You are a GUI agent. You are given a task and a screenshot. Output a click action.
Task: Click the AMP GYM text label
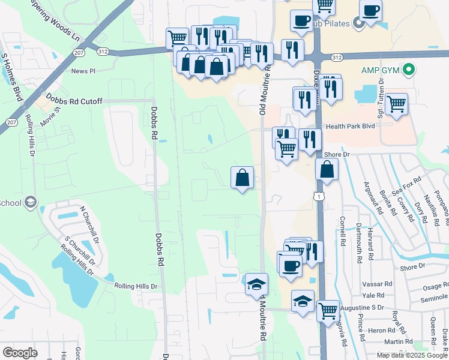pyautogui.click(x=381, y=70)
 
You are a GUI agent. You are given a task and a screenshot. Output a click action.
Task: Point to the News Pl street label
pyautogui.click(x=83, y=71)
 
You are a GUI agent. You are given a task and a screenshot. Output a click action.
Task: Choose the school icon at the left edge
pyautogui.click(x=31, y=202)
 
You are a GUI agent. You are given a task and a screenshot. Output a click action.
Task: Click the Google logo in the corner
pyautogui.click(x=20, y=352)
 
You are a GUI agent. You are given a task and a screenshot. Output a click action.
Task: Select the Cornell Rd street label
pyautogui.click(x=343, y=232)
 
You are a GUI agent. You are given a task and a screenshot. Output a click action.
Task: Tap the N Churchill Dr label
pyautogui.click(x=89, y=223)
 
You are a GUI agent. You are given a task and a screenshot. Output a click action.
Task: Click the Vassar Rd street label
pyautogui.click(x=378, y=284)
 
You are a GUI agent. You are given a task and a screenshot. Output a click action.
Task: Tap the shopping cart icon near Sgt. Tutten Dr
pyautogui.click(x=396, y=104)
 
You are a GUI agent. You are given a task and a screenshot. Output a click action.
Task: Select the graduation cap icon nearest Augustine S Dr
pyautogui.click(x=303, y=301)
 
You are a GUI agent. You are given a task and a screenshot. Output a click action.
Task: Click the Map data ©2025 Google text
pyautogui.click(x=411, y=355)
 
